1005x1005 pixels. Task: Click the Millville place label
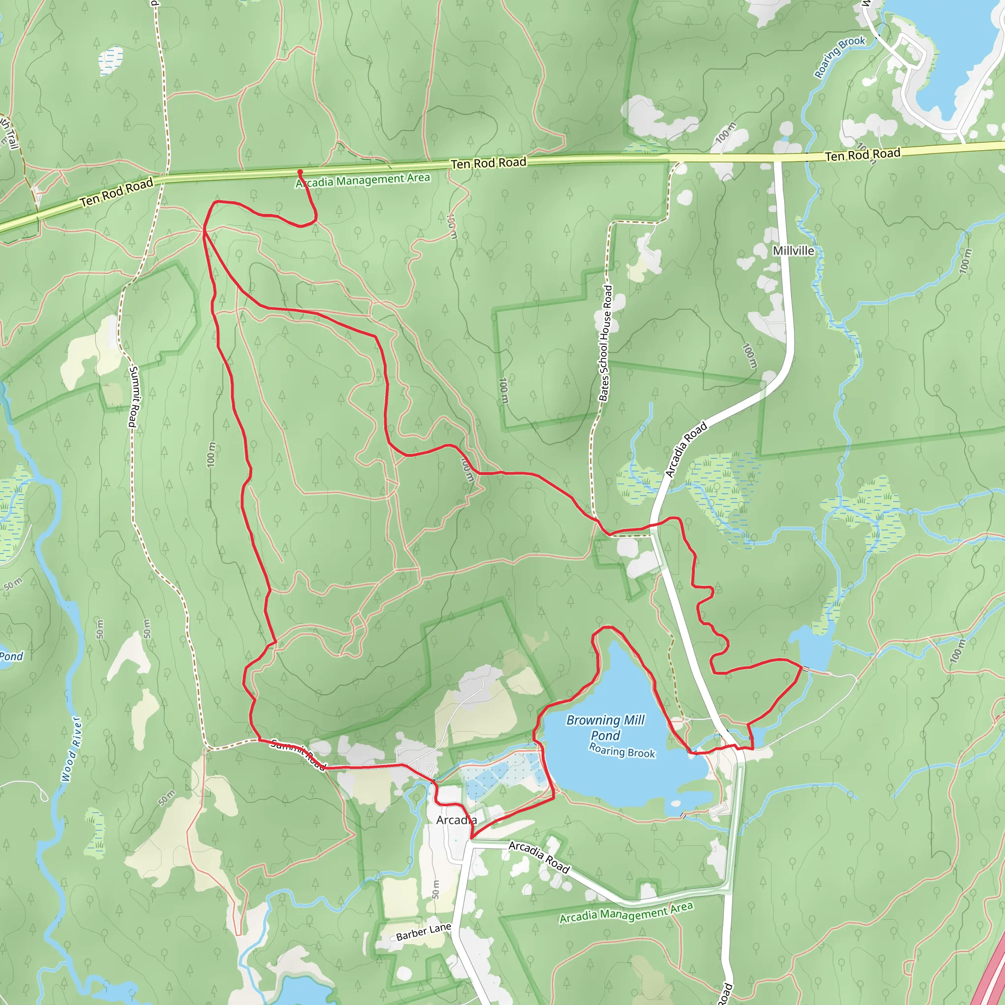click(x=793, y=251)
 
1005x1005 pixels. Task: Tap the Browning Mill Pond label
click(x=606, y=727)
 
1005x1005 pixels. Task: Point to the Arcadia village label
click(x=456, y=820)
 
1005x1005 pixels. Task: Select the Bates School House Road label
click(x=605, y=344)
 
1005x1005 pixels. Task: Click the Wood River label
click(x=71, y=749)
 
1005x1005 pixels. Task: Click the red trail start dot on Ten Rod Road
click(x=300, y=172)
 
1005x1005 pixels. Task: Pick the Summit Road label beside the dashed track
click(x=133, y=397)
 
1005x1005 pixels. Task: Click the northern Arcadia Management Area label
click(x=363, y=180)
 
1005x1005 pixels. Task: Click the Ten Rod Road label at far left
click(x=116, y=192)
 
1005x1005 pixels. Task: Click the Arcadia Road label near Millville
click(x=686, y=450)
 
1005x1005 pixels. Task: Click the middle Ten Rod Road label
click(x=488, y=163)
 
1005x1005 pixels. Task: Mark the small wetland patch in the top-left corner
click(x=111, y=60)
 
